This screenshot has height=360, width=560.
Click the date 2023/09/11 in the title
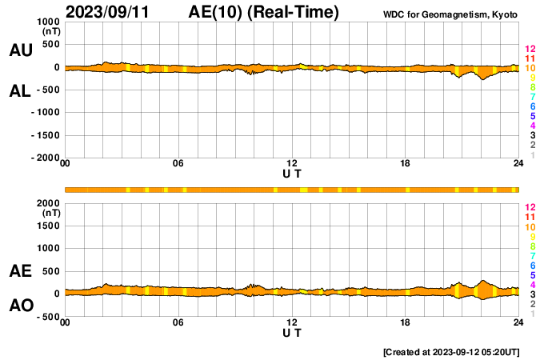(110, 12)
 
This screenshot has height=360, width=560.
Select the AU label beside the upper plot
(20, 50)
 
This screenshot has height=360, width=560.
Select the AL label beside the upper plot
(20, 91)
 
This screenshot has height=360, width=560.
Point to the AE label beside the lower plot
(20, 272)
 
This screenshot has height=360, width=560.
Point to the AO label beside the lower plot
(20, 306)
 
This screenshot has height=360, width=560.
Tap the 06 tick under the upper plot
(178, 164)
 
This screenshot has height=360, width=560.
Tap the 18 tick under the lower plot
(406, 322)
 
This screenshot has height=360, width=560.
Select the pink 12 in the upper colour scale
(530, 50)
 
